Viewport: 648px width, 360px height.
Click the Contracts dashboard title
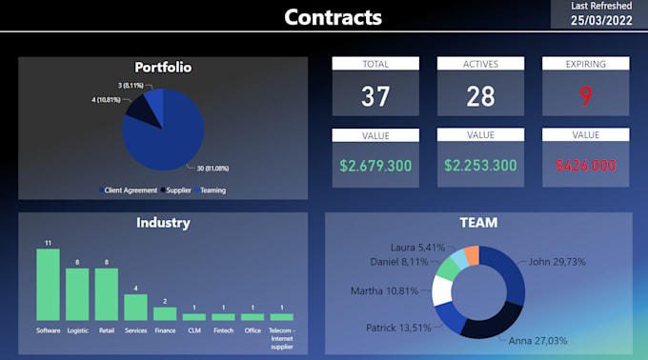pos(333,17)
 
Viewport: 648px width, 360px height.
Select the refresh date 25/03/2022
pos(599,20)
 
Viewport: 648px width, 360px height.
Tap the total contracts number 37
pos(375,96)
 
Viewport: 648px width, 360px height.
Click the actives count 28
pos(480,96)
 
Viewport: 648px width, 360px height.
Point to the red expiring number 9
pos(585,96)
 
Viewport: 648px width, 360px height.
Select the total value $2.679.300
pos(375,166)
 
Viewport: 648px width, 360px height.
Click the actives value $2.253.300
pos(480,166)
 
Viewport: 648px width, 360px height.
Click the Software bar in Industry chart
pos(48,285)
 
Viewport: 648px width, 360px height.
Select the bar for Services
pos(136,307)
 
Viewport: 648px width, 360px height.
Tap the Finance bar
pos(166,313)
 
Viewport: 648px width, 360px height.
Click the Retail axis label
pos(107,330)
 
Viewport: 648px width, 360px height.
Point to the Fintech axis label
pos(224,330)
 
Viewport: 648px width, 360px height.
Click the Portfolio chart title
pos(163,68)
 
